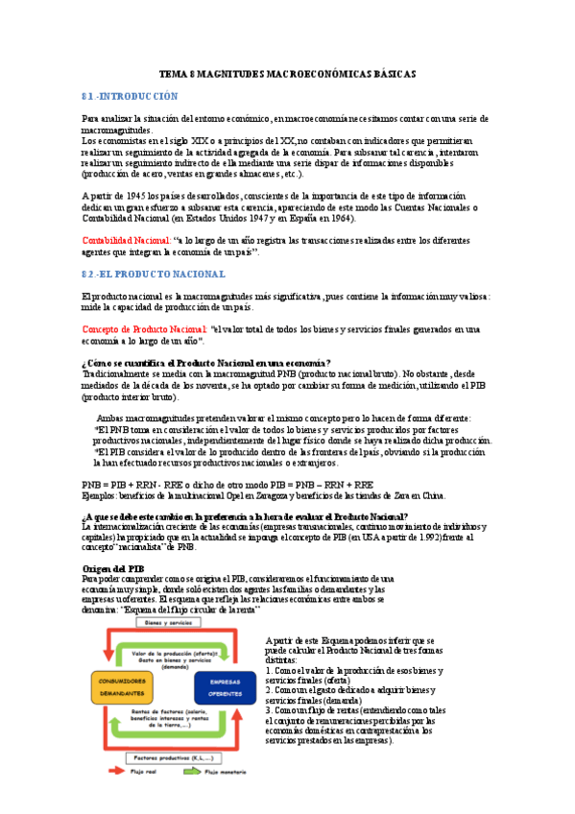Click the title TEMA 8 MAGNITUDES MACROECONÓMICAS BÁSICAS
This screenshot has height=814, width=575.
coord(287,74)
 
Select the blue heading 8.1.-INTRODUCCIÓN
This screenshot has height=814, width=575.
coord(131,97)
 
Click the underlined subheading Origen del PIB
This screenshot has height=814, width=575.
coord(113,568)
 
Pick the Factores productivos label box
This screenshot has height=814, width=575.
coord(173,758)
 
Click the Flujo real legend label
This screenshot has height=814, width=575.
coord(149,798)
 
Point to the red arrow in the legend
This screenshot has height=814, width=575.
coord(114,798)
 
